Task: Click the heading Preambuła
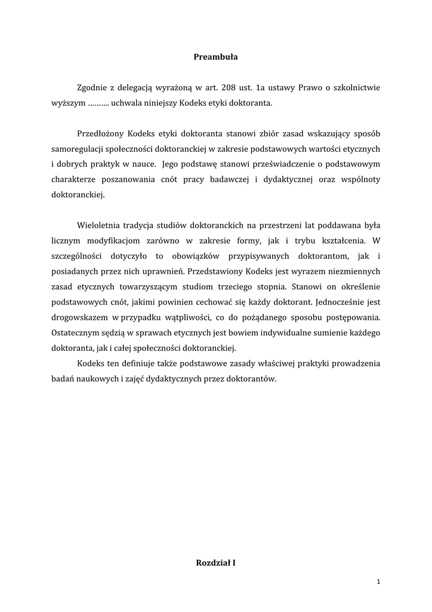click(215, 57)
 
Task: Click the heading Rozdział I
click(215, 562)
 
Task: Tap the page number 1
click(378, 582)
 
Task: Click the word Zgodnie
click(93, 88)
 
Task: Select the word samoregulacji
click(78, 148)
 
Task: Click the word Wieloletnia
click(99, 225)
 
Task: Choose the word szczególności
click(78, 256)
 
